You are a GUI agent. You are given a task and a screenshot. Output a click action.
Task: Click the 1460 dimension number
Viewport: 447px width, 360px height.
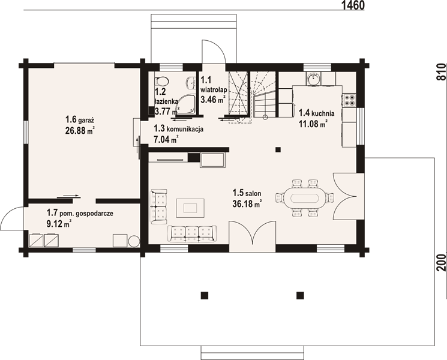pyautogui.click(x=353, y=5)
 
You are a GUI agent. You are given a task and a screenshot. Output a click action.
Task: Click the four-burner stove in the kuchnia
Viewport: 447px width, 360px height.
pyautogui.click(x=349, y=100)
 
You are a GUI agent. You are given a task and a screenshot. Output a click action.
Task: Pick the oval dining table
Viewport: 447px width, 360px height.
pyautogui.click(x=304, y=198)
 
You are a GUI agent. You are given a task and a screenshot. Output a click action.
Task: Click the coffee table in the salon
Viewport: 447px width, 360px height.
pyautogui.click(x=190, y=208)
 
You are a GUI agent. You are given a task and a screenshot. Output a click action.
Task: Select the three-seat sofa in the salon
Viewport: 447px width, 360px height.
pyautogui.click(x=191, y=234)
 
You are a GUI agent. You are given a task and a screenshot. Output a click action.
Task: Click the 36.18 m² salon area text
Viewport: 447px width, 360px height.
pyautogui.click(x=247, y=204)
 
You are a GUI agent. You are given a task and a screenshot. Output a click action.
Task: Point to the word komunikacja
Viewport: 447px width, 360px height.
pyautogui.click(x=185, y=129)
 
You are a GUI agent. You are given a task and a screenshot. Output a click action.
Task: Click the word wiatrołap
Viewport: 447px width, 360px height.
pyautogui.click(x=214, y=90)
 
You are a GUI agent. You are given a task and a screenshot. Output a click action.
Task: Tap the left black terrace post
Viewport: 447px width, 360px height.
pyautogui.click(x=204, y=295)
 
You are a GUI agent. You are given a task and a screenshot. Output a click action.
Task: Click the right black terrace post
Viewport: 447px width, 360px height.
pyautogui.click(x=300, y=295)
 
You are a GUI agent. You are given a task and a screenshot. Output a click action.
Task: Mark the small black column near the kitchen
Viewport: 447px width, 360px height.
pyautogui.click(x=278, y=149)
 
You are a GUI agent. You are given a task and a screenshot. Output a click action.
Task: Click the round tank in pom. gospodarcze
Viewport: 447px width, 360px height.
pyautogui.click(x=134, y=241)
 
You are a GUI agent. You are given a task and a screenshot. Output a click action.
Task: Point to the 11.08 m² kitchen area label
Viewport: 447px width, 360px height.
pyautogui.click(x=313, y=124)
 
